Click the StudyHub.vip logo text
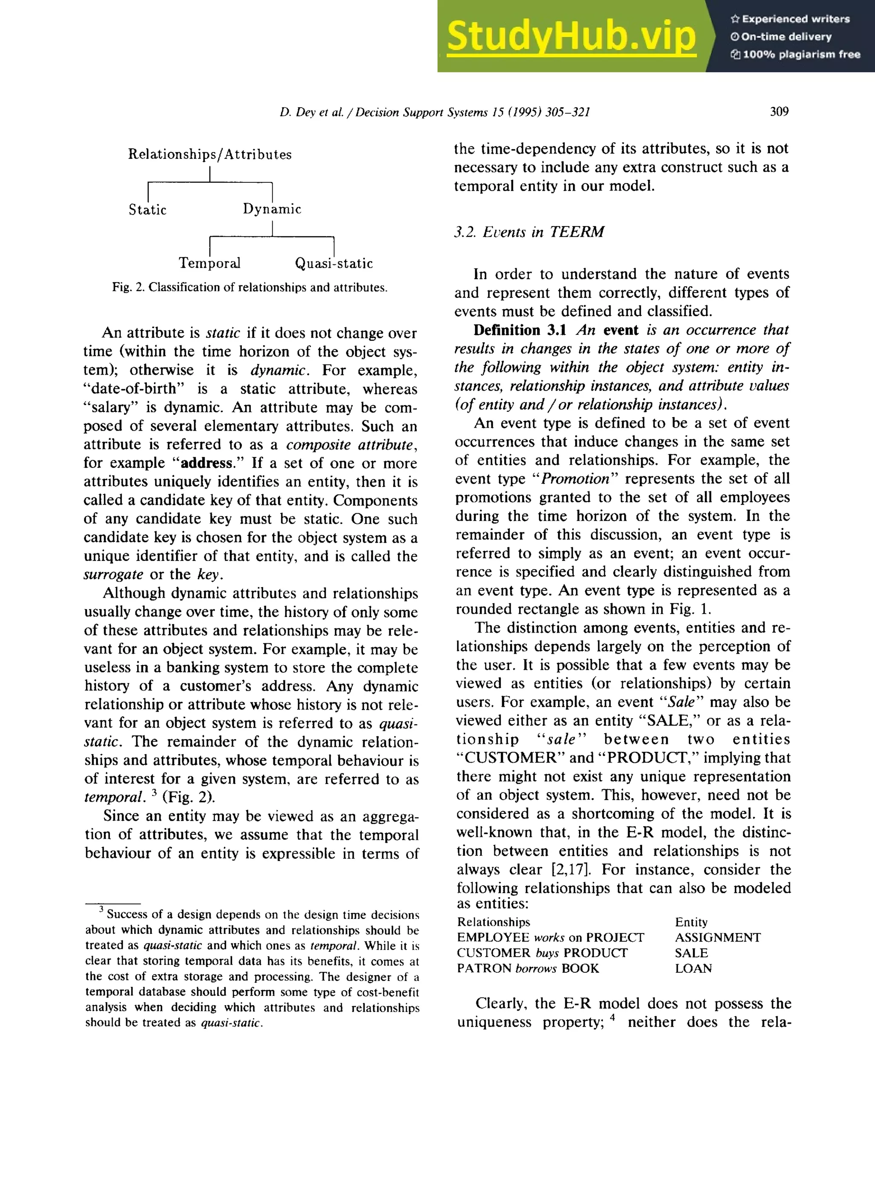[x=571, y=36]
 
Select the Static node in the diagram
[x=147, y=210]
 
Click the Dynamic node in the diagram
[x=272, y=209]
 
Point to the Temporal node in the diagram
[x=209, y=263]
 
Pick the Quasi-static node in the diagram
[x=334, y=263]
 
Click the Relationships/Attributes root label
[x=210, y=154]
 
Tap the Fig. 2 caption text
[x=250, y=287]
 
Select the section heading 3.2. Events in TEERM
[x=529, y=232]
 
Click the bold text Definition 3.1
[x=520, y=330]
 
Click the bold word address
[x=206, y=463]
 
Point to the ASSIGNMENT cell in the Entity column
[x=717, y=938]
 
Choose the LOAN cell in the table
[x=693, y=968]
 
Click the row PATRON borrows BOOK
[x=528, y=968]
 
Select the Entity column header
[x=691, y=922]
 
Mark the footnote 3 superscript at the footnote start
[x=101, y=910]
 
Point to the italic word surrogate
[x=113, y=574]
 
